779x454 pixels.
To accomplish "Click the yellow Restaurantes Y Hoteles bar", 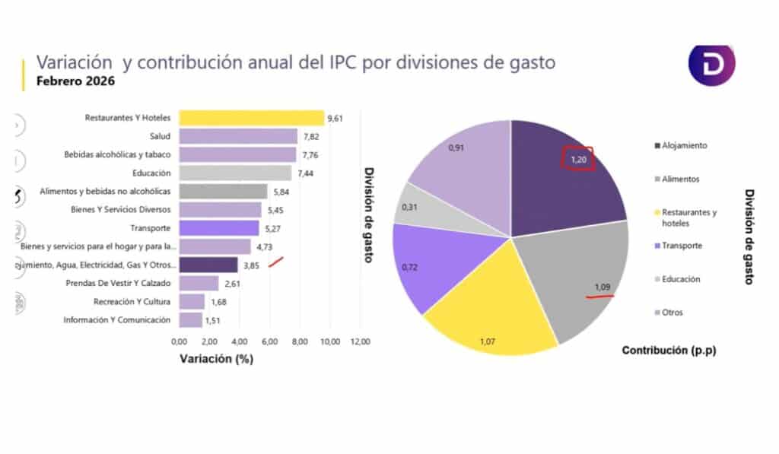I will (251, 118).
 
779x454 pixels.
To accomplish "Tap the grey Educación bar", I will (235, 173).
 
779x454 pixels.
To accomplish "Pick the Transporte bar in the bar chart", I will (219, 228).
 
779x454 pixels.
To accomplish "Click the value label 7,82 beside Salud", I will (308, 137).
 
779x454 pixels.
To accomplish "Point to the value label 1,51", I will (213, 320).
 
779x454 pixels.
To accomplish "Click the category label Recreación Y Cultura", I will (132, 302).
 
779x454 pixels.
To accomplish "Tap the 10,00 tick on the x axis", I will (330, 342).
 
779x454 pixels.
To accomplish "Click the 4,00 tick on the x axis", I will (240, 342).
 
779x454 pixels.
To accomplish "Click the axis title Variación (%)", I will (217, 359).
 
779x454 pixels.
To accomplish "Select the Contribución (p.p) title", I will (669, 351).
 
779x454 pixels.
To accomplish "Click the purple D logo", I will (711, 65).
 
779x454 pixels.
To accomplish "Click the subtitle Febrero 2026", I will (67, 82).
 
